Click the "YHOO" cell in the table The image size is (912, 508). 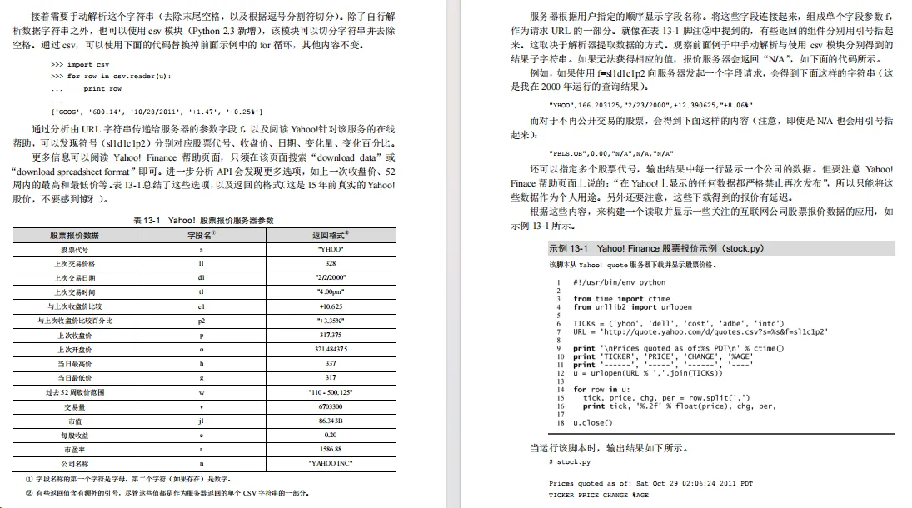coord(330,249)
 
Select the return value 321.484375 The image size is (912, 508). coord(330,349)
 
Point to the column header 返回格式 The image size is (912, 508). coord(330,235)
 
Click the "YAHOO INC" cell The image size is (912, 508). coord(330,462)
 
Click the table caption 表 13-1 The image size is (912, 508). coord(203,220)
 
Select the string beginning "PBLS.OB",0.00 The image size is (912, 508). coord(611,154)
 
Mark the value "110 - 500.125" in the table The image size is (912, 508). coord(330,391)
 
